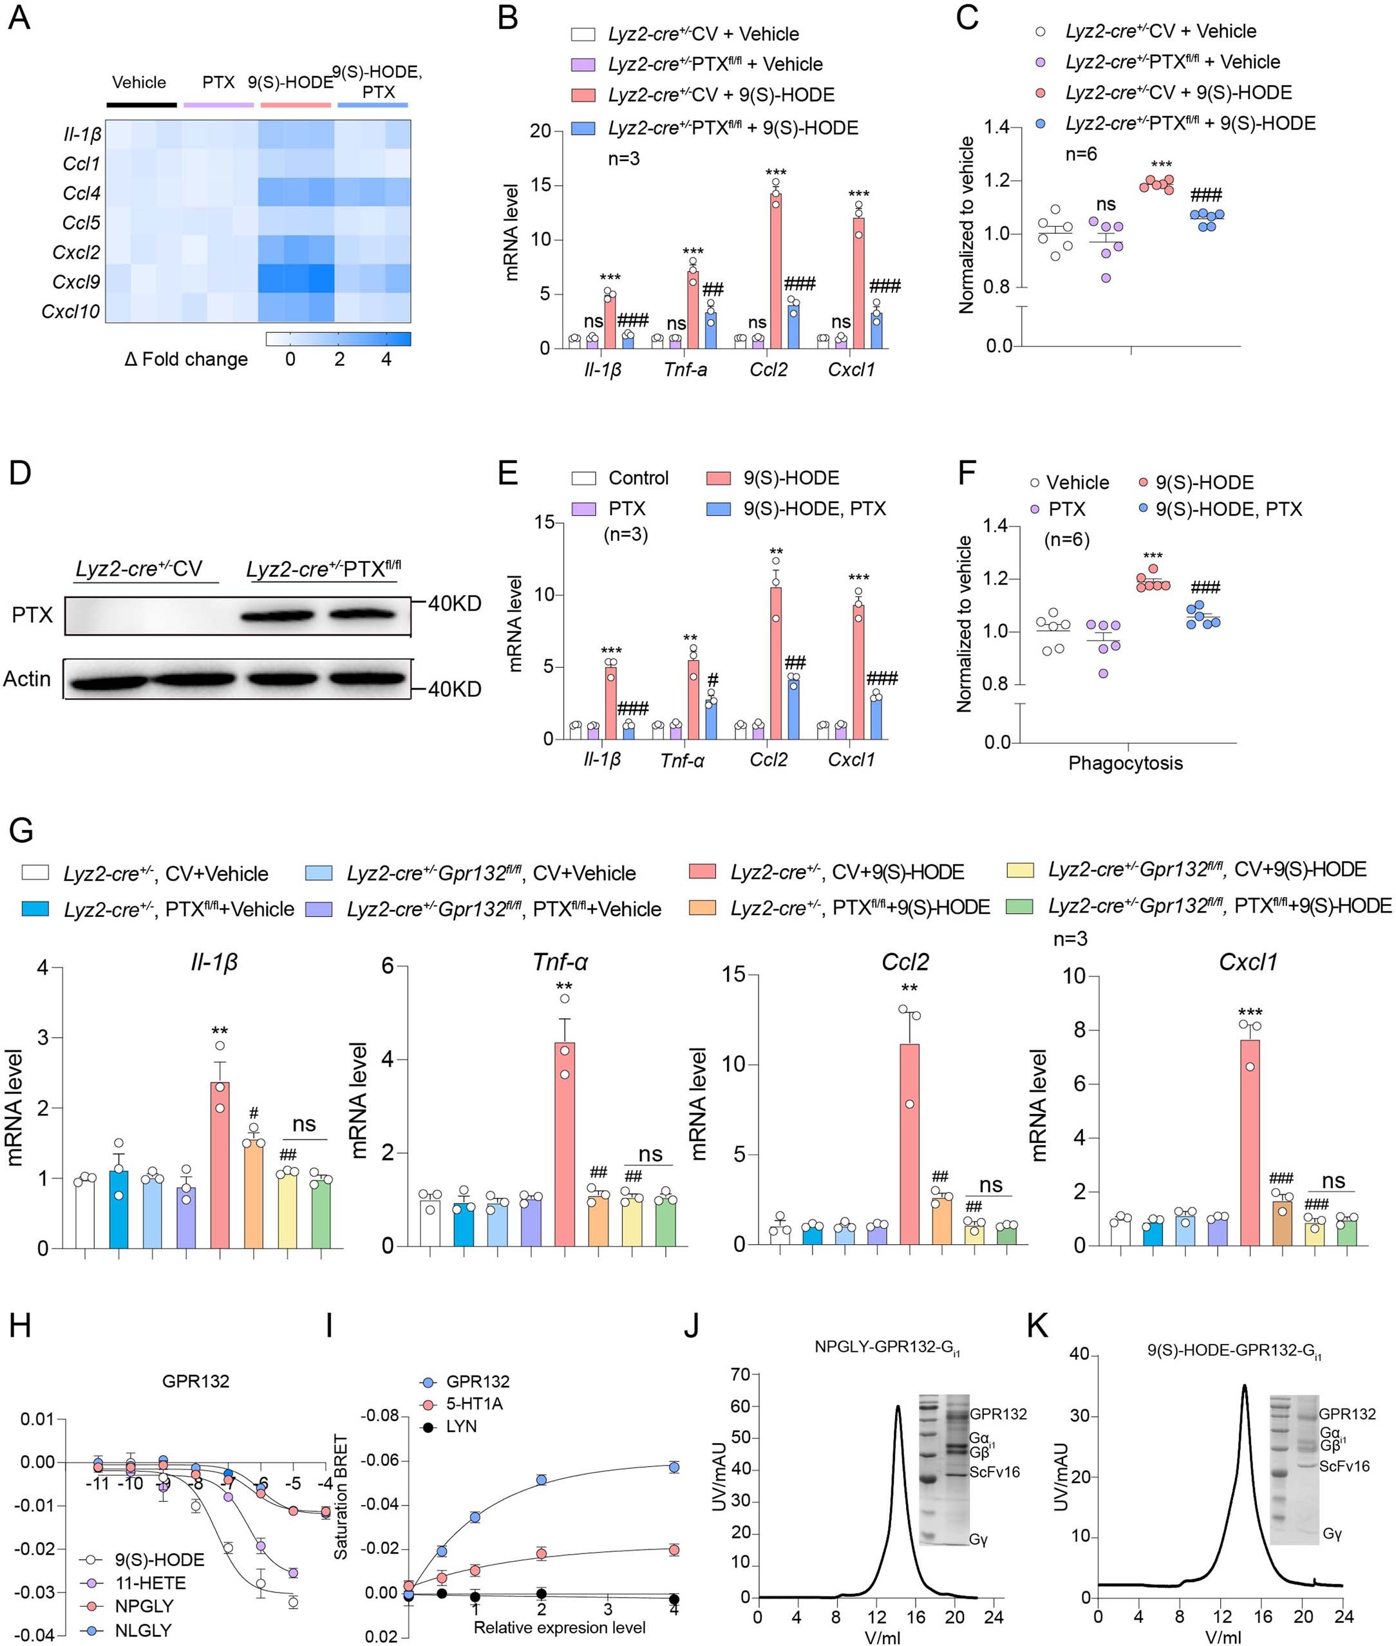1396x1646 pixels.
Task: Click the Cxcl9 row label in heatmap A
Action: (76, 281)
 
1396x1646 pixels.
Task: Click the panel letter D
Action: (20, 473)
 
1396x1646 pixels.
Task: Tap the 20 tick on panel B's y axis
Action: (540, 131)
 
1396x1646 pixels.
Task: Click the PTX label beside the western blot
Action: (32, 615)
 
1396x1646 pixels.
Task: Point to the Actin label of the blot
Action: (28, 679)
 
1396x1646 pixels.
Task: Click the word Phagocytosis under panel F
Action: (1126, 763)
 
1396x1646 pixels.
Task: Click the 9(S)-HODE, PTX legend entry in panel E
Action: (813, 508)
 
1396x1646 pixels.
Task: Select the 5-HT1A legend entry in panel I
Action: (474, 1404)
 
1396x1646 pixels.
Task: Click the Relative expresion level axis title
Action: (560, 1628)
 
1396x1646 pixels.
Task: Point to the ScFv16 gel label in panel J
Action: (994, 1472)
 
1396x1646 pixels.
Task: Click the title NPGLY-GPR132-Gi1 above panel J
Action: (887, 1347)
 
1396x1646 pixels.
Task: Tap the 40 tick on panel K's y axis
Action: (1079, 1355)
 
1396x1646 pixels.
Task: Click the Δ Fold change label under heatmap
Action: (186, 359)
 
